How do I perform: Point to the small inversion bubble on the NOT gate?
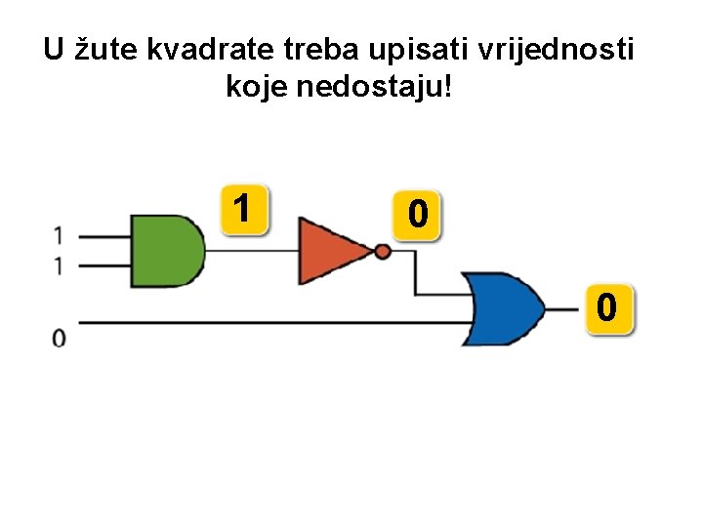point(383,252)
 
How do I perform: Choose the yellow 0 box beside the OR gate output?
point(608,309)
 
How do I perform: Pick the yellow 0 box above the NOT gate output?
point(417,214)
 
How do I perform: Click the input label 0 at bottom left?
point(60,338)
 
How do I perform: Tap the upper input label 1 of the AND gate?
point(60,235)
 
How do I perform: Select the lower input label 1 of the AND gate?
point(60,264)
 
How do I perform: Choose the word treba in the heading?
point(322,50)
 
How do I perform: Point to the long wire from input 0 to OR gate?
point(264,321)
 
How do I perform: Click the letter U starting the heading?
point(54,50)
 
